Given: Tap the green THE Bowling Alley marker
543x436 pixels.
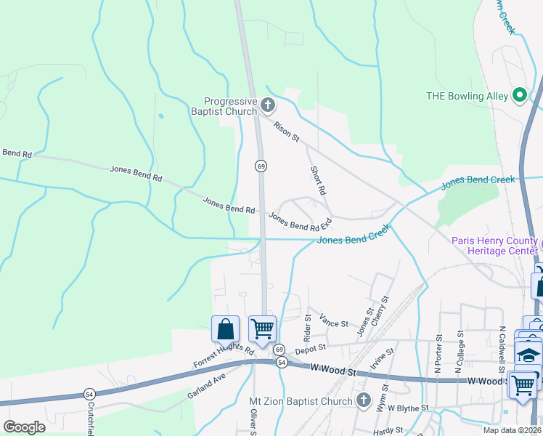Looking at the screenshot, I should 519,95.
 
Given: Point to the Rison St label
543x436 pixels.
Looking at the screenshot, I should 286,132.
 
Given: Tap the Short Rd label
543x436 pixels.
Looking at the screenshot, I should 317,180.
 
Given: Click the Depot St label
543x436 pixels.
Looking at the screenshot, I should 309,350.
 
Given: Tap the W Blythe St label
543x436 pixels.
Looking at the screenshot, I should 407,408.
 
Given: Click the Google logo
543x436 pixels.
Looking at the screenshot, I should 24,427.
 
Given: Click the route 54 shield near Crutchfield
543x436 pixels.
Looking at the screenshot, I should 89,393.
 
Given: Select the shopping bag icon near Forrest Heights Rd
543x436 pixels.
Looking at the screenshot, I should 226,328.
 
